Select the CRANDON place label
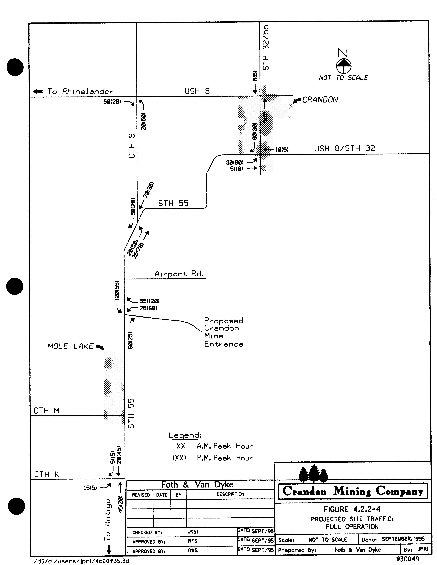coord(320,100)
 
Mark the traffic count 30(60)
coord(235,162)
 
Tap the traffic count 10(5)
coord(282,150)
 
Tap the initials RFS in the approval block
coord(192,541)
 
